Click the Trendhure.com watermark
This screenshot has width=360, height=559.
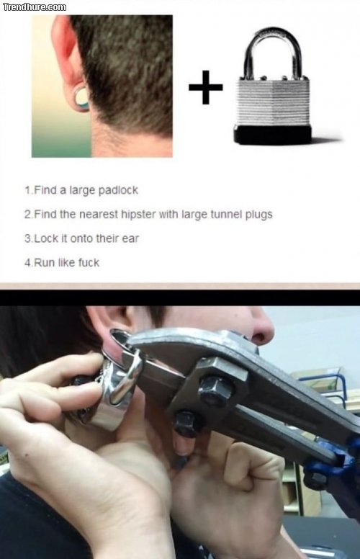click(35, 6)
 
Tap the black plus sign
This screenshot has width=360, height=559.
click(206, 87)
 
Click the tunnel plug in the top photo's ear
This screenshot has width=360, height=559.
click(81, 97)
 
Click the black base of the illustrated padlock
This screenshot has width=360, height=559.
click(272, 135)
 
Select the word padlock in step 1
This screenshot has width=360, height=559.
click(118, 190)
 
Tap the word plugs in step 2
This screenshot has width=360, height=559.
click(258, 215)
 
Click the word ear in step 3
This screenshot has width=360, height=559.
click(130, 239)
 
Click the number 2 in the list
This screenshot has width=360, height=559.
click(28, 215)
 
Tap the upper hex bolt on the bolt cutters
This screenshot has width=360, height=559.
click(215, 389)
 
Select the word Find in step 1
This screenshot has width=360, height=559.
click(46, 190)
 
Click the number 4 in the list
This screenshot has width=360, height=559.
click(28, 263)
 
